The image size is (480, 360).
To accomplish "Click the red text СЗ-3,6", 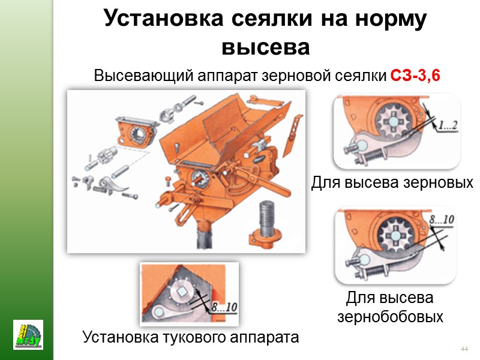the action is pos(415,76).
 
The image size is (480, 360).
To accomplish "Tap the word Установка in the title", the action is pos(164,18).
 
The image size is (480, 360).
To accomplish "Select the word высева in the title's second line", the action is pos(265,47).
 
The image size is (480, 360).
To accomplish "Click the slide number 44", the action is pos(464,349).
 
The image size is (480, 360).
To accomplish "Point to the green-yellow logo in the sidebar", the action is pos(28,335).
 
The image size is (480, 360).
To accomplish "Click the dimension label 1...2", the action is pos(448,125).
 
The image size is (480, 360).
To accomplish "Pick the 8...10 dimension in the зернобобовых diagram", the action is pos(442,220).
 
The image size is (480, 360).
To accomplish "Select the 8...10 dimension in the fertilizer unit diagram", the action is pos(224,307).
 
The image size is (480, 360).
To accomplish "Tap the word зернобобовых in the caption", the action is pos(391,317).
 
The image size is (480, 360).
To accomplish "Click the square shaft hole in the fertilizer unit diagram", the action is pos(182,292).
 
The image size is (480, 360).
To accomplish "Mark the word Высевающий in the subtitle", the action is pos(143,76).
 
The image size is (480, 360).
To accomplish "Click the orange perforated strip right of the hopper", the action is pos(294,135).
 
